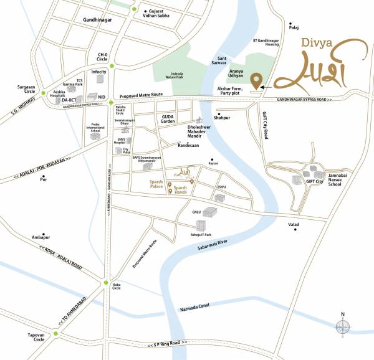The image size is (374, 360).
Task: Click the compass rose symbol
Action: click(342, 327)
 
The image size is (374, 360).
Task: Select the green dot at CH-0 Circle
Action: click(112, 65)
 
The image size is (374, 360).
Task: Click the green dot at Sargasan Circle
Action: click(44, 93)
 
